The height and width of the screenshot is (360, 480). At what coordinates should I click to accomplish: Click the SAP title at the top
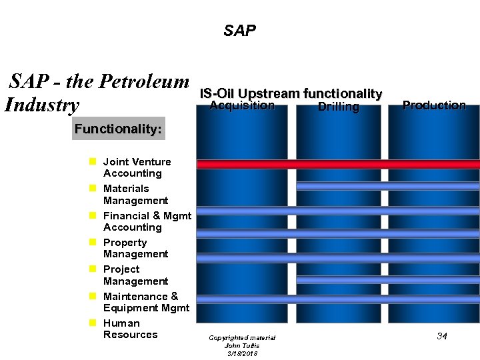[x=239, y=31]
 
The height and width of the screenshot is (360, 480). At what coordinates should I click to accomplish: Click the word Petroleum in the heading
[x=145, y=82]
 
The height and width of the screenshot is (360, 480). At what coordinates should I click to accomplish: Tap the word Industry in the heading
[x=42, y=105]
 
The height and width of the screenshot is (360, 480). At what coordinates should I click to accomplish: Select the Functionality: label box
[x=118, y=129]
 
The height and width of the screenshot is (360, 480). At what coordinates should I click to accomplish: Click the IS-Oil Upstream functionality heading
[x=291, y=94]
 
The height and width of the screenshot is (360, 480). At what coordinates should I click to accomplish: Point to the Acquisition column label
[x=242, y=105]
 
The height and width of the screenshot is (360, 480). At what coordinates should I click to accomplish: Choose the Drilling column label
[x=338, y=107]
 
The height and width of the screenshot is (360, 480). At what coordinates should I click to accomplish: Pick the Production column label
[x=434, y=105]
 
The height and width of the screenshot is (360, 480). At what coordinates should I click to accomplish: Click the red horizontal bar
[x=338, y=164]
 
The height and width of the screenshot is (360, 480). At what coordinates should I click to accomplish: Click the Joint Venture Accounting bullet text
[x=136, y=167]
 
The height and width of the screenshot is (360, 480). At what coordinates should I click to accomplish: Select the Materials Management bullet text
[x=135, y=195]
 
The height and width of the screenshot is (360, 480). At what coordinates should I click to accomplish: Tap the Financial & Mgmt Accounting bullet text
[x=147, y=221]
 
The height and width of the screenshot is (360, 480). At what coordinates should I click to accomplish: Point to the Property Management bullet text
[x=135, y=248]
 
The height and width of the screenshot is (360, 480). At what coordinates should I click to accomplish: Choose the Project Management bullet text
[x=135, y=275]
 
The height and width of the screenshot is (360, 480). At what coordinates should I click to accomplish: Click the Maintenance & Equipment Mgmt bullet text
[x=146, y=302]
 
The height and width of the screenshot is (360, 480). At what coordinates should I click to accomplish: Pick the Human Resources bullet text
[x=130, y=329]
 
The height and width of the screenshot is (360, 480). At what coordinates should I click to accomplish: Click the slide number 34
[x=441, y=336]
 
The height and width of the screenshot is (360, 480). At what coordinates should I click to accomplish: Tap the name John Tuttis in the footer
[x=241, y=345]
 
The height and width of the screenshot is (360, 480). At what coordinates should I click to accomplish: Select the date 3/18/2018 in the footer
[x=241, y=353]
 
